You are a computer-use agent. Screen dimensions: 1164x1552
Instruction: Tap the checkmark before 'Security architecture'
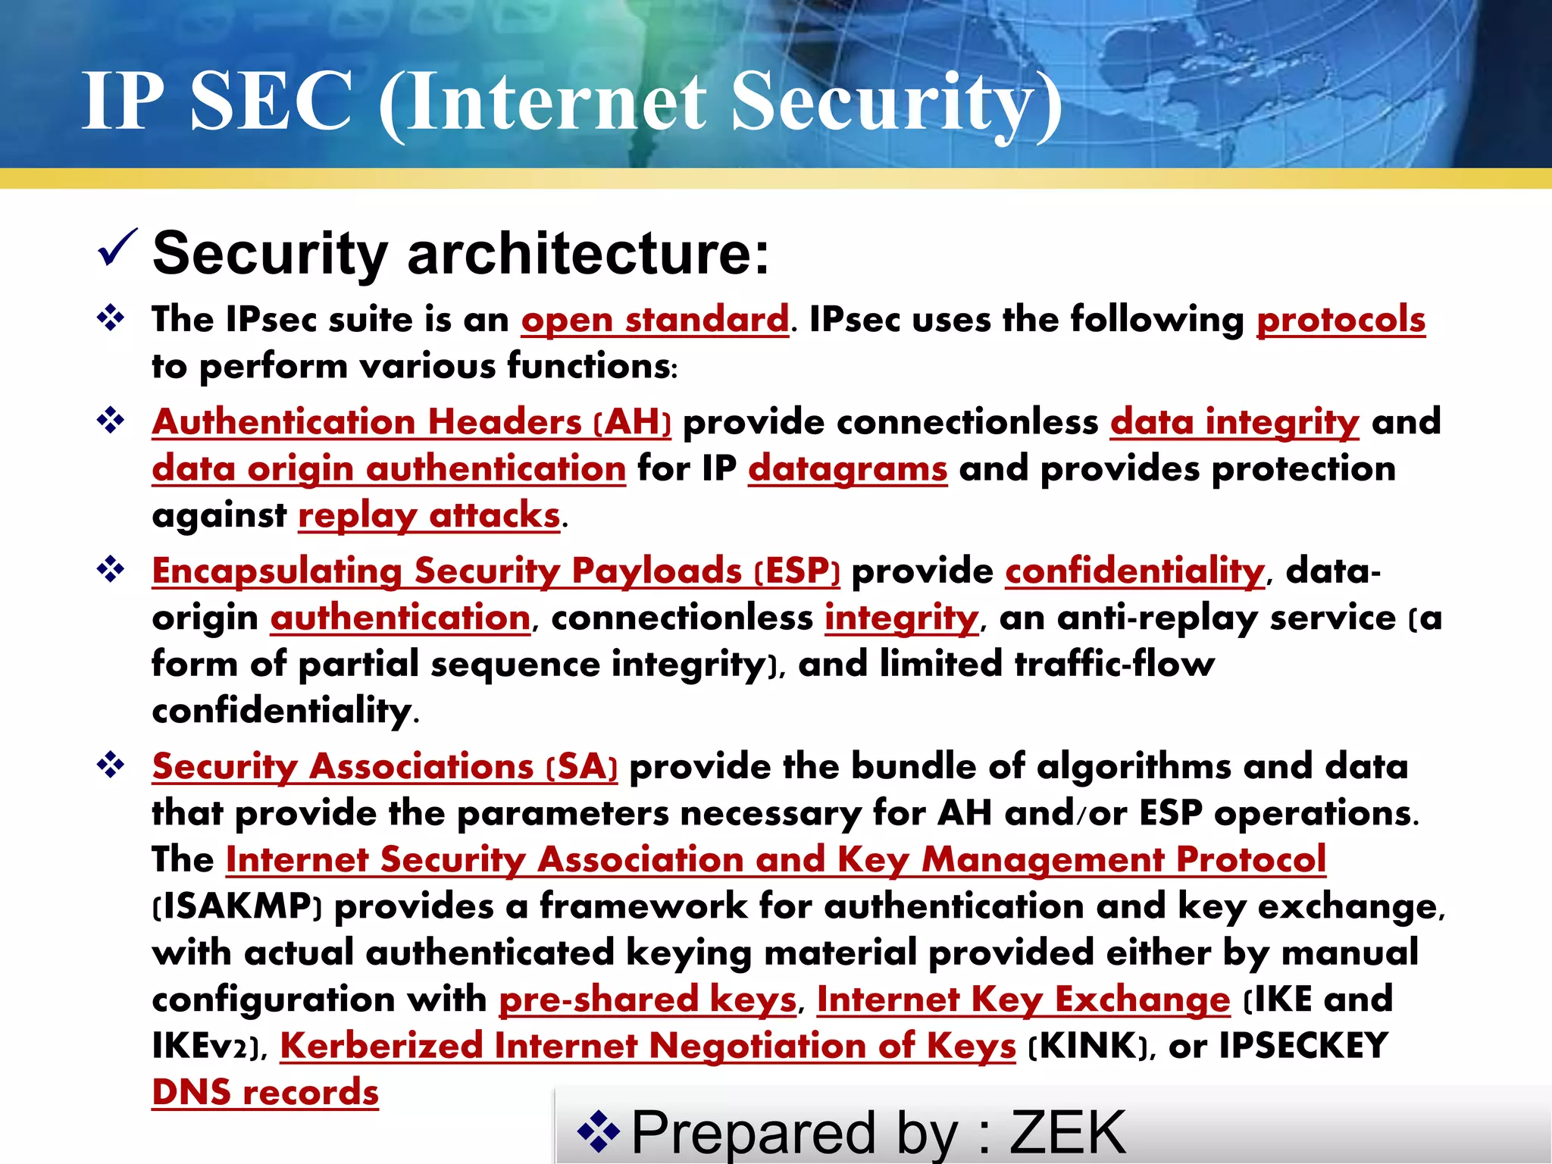(x=117, y=248)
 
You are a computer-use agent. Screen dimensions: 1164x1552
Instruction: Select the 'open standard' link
(x=655, y=319)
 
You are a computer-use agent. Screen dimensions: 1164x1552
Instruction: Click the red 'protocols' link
(x=1341, y=319)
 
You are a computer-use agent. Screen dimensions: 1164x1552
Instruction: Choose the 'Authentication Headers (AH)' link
(x=411, y=422)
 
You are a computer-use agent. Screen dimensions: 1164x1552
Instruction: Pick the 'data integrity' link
(x=1234, y=422)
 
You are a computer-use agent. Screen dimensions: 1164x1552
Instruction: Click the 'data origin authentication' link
(x=389, y=468)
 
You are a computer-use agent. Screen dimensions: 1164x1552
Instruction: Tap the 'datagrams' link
(x=847, y=468)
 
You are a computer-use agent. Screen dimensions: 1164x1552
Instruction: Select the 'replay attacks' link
(x=429, y=515)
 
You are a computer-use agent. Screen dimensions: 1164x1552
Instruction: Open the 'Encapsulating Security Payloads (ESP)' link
(x=496, y=571)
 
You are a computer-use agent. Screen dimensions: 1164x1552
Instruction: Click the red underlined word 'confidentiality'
(x=1134, y=571)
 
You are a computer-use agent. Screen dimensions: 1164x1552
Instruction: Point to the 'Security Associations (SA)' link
(x=385, y=766)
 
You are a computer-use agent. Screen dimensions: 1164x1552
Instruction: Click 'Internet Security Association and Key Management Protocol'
(x=775, y=859)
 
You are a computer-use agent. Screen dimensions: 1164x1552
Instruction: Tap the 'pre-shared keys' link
(x=647, y=999)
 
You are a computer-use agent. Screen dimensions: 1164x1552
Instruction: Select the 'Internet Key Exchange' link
(x=1023, y=999)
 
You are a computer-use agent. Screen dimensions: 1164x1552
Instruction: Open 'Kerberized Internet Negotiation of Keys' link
(x=648, y=1046)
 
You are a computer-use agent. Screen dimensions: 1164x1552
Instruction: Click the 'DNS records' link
(x=265, y=1093)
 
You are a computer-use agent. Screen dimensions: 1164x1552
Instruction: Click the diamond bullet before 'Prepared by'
(x=599, y=1131)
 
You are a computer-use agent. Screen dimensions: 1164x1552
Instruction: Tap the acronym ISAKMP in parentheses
(x=238, y=906)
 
